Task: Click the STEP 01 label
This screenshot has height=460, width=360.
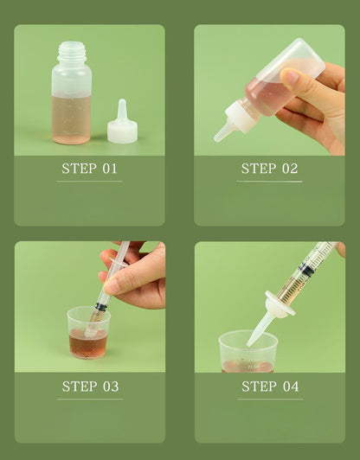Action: [89, 168]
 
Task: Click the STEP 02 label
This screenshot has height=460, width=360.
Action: [269, 168]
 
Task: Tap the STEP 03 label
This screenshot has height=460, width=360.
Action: [89, 386]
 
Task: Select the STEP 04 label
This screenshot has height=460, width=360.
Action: [269, 386]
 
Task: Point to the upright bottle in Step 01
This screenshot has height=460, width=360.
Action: [71, 99]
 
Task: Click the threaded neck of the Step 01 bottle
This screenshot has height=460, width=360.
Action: [71, 54]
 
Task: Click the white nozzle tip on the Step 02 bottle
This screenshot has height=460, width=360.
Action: [222, 132]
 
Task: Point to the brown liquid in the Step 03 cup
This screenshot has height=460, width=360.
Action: [88, 343]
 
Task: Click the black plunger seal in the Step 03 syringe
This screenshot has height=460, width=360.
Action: [102, 306]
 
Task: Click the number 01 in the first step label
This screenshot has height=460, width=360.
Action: [109, 168]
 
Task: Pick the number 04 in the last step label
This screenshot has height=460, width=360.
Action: [289, 386]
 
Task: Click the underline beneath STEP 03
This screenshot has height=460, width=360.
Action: [89, 399]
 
